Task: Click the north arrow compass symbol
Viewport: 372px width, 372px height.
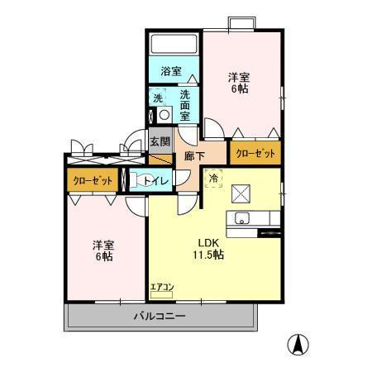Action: click(298, 345)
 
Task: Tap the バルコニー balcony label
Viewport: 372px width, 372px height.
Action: click(160, 316)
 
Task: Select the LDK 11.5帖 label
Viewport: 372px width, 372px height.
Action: click(208, 249)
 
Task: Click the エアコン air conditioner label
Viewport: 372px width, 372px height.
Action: click(162, 287)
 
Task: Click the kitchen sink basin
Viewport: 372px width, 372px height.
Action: click(242, 218)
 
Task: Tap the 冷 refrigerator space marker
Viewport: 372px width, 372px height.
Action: click(213, 179)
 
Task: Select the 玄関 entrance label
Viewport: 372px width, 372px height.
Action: click(160, 141)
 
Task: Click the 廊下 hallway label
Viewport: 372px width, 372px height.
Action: click(194, 156)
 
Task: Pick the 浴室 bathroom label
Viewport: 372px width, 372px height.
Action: click(171, 71)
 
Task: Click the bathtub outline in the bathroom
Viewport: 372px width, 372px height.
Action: click(174, 44)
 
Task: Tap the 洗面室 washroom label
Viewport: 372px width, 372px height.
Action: click(185, 106)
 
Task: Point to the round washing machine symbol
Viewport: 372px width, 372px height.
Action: click(165, 115)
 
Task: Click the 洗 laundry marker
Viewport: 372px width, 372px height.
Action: click(158, 98)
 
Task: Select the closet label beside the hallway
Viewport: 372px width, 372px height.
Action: click(255, 153)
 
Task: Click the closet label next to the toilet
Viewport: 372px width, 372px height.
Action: click(93, 180)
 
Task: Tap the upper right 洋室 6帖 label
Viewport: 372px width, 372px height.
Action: click(239, 83)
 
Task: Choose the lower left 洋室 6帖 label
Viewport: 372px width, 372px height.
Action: click(103, 250)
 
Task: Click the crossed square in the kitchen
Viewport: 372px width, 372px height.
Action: click(241, 193)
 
